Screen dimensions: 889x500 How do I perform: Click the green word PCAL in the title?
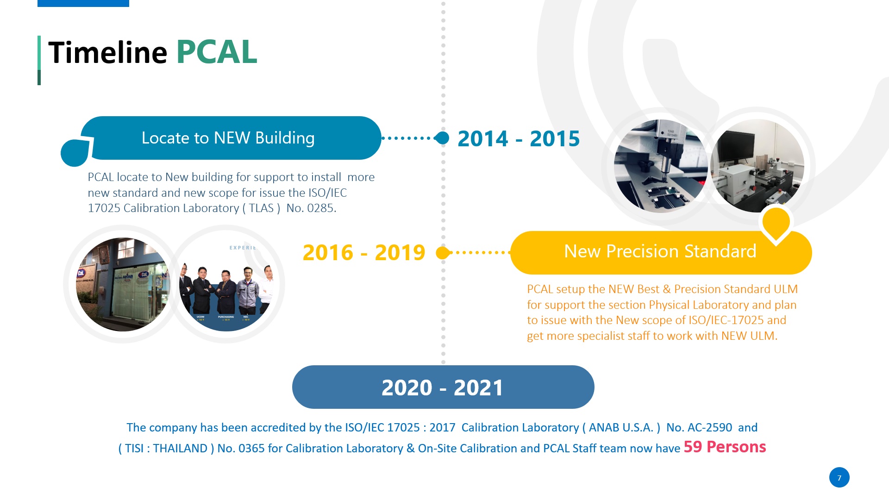point(216,52)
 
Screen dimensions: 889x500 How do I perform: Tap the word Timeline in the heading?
point(107,52)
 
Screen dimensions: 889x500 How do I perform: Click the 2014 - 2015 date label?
point(519,138)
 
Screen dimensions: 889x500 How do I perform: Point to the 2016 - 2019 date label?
point(364,252)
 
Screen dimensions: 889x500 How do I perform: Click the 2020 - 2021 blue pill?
point(443,387)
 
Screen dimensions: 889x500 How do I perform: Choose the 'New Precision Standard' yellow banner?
point(661,252)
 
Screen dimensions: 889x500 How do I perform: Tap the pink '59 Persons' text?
point(725,447)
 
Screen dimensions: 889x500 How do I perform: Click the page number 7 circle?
point(839,477)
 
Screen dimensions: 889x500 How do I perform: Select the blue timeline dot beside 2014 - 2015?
point(443,138)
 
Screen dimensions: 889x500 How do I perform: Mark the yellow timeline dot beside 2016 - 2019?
point(443,253)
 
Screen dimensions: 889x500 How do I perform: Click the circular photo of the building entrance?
point(123,284)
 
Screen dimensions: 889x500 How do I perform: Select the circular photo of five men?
point(226,284)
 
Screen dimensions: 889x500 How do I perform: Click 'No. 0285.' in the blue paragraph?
point(311,208)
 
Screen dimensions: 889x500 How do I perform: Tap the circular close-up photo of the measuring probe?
point(661,166)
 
